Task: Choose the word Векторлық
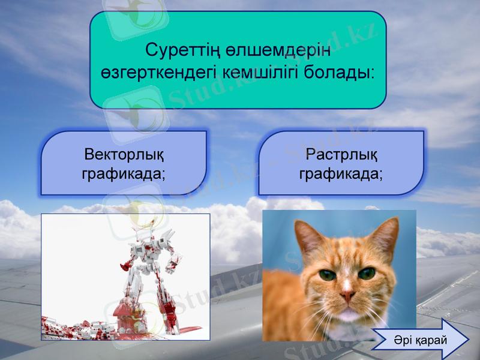124,155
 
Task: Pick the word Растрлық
341,155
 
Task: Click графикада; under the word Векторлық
124,174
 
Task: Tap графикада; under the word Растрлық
341,174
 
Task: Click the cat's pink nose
347,295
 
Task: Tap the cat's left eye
327,275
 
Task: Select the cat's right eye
367,274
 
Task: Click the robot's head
148,238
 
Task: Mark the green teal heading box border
91,60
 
